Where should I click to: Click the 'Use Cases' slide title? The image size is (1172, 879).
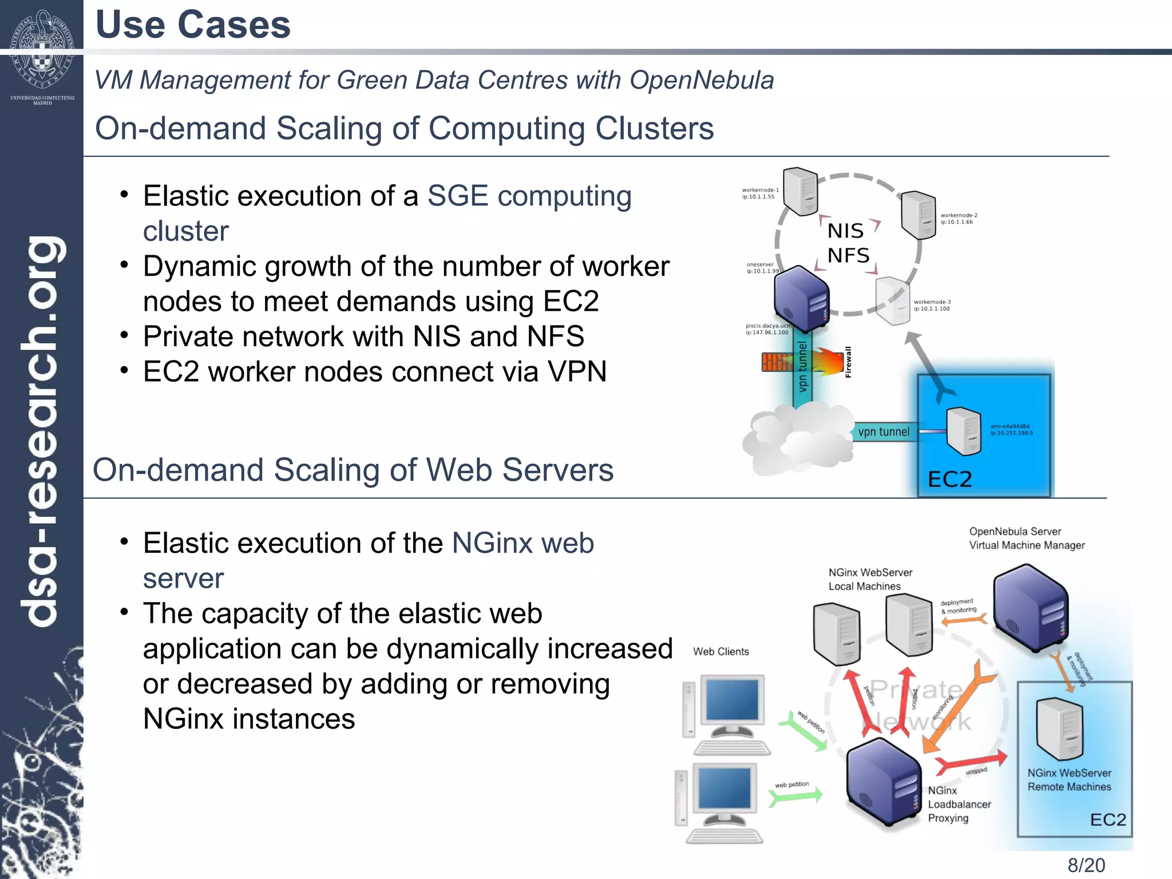[x=193, y=25]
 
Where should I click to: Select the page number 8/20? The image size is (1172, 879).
[x=1086, y=865]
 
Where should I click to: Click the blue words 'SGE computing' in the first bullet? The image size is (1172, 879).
[x=529, y=196]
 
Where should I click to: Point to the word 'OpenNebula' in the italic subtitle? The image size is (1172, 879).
[x=702, y=80]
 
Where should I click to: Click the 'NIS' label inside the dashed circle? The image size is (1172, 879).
[x=845, y=231]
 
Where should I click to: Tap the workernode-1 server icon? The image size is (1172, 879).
[x=800, y=191]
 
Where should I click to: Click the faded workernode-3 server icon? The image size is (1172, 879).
[x=892, y=300]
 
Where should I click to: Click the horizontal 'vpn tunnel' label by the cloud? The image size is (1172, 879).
[x=883, y=432]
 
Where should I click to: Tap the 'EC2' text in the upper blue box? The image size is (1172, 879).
[x=949, y=479]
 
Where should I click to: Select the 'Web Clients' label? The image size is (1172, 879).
[x=720, y=652]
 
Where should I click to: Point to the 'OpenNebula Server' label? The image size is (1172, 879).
[x=1015, y=532]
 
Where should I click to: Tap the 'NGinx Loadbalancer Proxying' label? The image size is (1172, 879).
[x=959, y=804]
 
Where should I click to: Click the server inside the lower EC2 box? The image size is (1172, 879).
[x=1059, y=728]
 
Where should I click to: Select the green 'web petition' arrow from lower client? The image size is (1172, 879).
[x=795, y=797]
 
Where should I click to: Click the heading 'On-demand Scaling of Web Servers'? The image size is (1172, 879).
[x=353, y=470]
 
